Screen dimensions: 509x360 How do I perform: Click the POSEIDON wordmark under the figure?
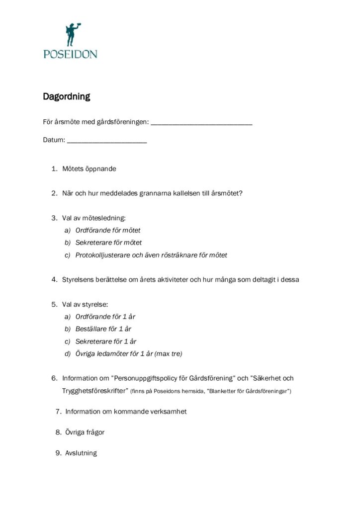70,54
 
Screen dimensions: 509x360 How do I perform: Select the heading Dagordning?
66,96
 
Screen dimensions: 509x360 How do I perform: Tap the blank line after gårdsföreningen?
201,123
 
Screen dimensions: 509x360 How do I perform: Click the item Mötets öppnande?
89,169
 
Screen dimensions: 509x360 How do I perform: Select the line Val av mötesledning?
94,218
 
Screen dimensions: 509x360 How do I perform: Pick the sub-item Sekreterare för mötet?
108,243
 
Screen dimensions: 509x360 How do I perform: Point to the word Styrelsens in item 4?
78,279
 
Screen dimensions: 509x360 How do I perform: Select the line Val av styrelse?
85,304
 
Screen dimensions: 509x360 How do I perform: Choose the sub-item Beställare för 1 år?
103,329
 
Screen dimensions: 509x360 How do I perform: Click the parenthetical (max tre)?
168,353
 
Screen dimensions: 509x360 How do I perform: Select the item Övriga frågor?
85,432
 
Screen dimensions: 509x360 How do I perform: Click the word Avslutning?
81,453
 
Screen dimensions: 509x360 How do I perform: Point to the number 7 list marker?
58,412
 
